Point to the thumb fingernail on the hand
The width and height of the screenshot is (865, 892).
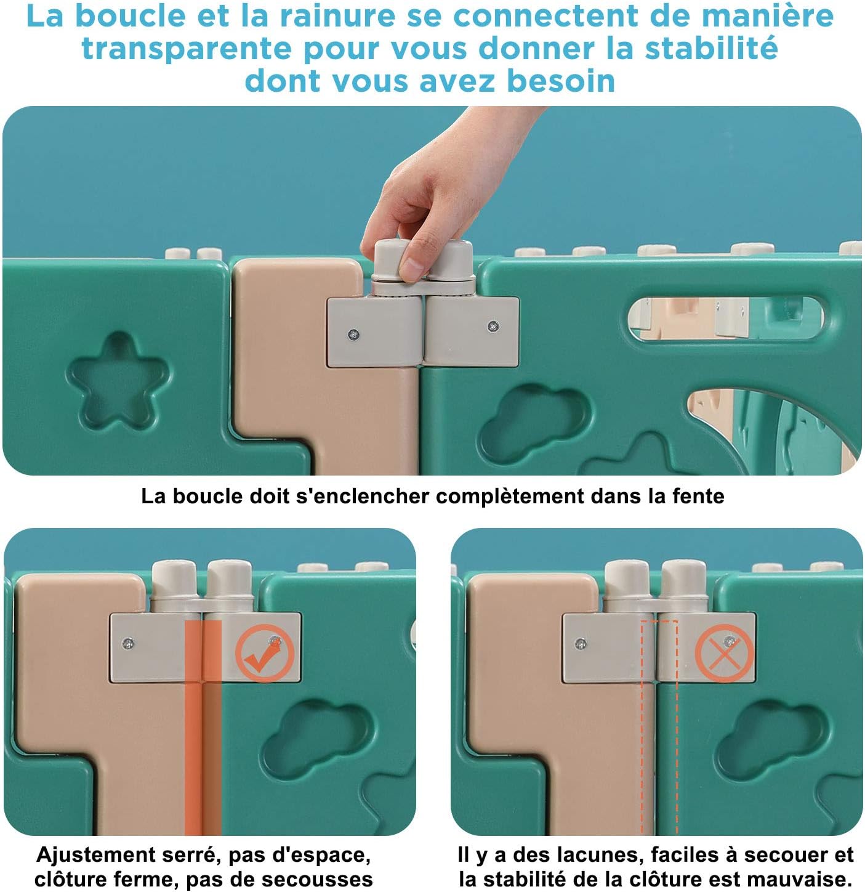point(413,269)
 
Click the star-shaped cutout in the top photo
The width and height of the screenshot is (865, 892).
point(117,381)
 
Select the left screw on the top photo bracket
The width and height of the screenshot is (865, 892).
point(353,334)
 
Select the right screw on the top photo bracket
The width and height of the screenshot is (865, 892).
point(493,326)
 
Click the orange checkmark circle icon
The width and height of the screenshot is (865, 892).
point(264,654)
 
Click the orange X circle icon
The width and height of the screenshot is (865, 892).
point(724,653)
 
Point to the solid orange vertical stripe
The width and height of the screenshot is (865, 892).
point(203,727)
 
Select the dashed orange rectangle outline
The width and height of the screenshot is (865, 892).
point(659,727)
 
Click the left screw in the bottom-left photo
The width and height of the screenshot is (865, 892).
point(128,643)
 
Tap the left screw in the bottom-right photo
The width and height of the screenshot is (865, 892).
point(580,644)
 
